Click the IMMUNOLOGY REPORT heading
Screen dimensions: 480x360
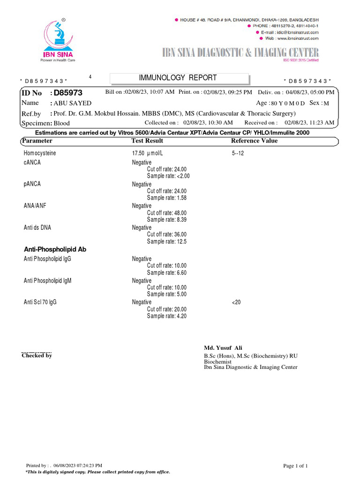(178, 78)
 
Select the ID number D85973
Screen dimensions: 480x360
(68, 93)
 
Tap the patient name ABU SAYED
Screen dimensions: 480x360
(73, 103)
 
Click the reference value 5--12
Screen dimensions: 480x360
(238, 154)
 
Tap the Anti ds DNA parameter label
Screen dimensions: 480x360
(37, 227)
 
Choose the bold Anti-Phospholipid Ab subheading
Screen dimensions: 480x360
(55, 249)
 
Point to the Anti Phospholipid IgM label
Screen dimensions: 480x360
(48, 281)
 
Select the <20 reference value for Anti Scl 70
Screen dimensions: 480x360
(236, 302)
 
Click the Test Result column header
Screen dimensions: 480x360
(147, 141)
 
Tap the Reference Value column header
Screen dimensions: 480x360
(255, 141)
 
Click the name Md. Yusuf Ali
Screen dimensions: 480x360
(223, 348)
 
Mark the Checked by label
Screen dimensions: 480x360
(37, 355)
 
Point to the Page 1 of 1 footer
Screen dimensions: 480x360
(295, 465)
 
